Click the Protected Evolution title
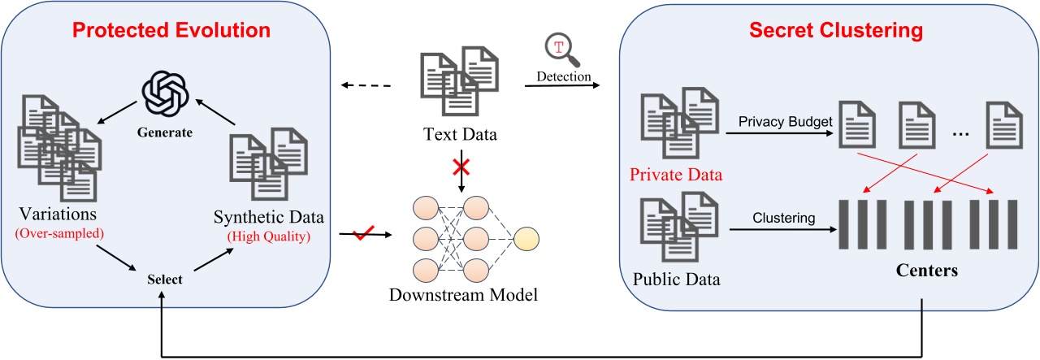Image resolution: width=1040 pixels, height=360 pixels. click(171, 32)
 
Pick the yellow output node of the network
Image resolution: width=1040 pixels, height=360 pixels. click(526, 238)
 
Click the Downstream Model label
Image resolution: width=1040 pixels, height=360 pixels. click(463, 294)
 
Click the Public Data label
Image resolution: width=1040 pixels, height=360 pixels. click(676, 280)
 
